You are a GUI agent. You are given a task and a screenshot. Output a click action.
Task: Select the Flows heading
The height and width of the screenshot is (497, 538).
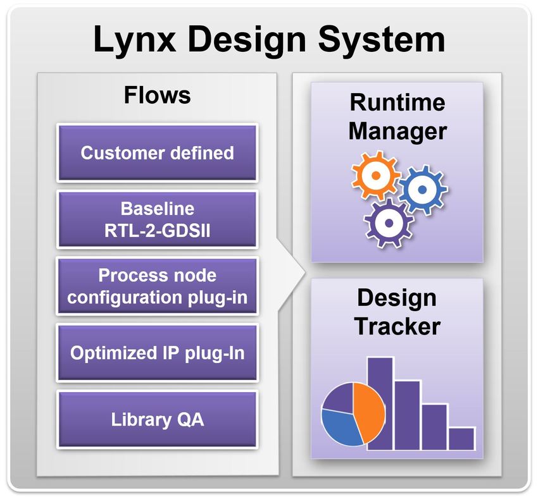157,95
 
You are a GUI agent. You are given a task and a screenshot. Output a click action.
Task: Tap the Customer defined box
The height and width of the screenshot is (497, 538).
157,152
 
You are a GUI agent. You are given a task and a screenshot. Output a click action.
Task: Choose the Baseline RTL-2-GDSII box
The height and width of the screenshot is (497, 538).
157,219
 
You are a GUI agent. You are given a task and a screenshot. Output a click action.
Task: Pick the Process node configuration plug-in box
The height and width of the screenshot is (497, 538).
157,286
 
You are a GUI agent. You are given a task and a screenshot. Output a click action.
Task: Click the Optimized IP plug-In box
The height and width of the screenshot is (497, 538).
157,353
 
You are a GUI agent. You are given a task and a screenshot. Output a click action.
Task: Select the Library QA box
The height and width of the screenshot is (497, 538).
157,420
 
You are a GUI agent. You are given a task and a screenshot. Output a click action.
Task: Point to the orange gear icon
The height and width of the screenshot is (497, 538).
375,174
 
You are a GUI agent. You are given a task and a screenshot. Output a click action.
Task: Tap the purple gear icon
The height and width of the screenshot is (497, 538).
387,219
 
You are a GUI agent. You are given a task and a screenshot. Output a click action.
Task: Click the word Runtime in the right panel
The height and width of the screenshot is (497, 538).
397,102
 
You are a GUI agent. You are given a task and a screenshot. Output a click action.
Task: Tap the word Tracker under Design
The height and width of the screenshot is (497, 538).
397,327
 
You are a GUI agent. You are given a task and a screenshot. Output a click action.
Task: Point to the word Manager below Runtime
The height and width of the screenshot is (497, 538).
397,131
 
